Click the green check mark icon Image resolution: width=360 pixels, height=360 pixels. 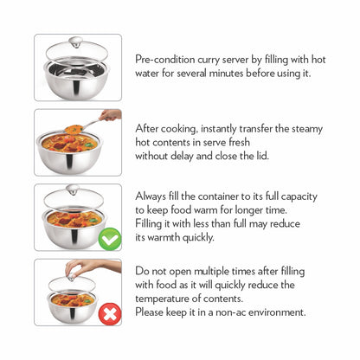coord(109,238)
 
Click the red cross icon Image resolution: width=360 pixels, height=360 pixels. coord(109,313)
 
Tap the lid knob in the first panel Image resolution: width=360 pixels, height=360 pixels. coord(77,41)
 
